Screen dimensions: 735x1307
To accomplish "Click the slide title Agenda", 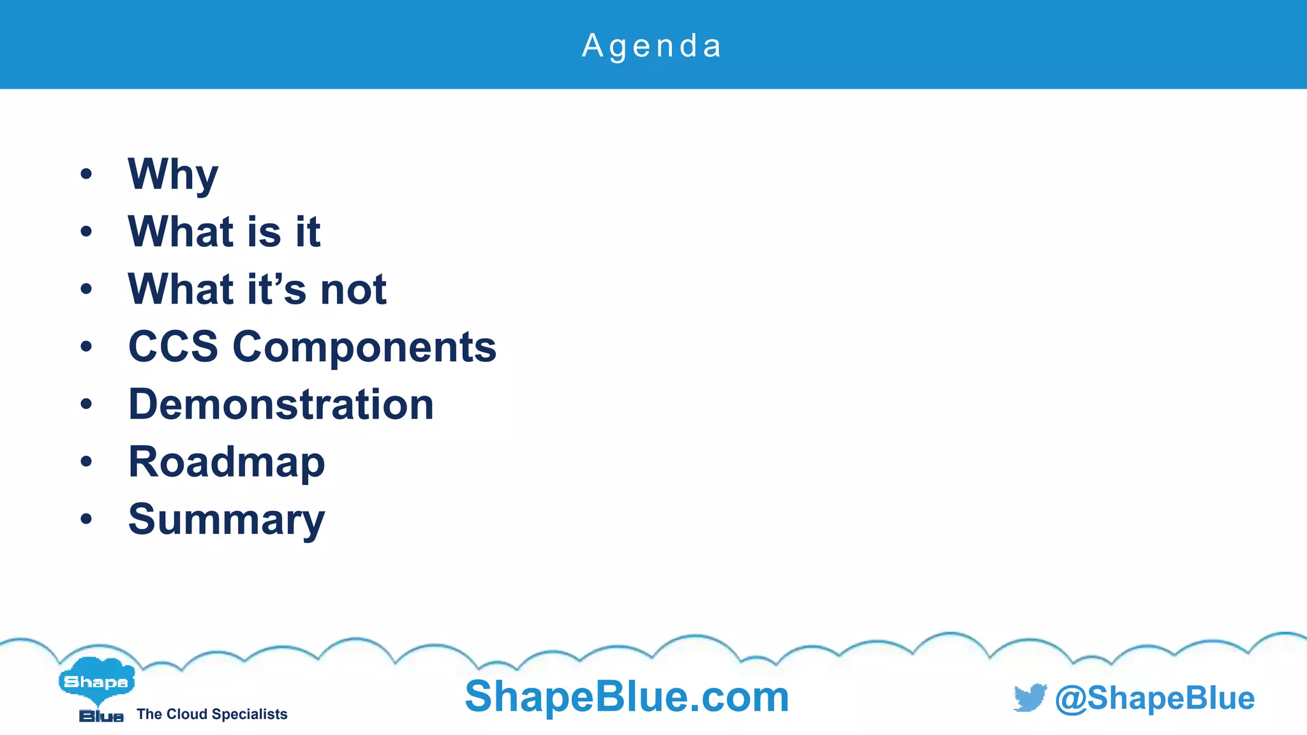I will pyautogui.click(x=652, y=46).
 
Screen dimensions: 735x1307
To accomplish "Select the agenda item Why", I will pyautogui.click(x=173, y=174).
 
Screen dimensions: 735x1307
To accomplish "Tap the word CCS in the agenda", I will pyautogui.click(x=173, y=346).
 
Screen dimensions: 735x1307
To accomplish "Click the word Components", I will pyautogui.click(x=364, y=348).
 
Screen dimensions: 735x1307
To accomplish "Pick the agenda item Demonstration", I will pyautogui.click(x=281, y=405).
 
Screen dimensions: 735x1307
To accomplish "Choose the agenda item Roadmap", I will pyautogui.click(x=227, y=463).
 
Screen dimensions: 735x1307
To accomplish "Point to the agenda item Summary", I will pyautogui.click(x=227, y=520).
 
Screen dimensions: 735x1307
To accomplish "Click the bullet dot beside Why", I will pyautogui.click(x=86, y=174).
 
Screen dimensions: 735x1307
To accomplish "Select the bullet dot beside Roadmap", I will pyautogui.click(x=86, y=461).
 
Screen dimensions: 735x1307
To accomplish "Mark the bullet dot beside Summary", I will pyautogui.click(x=86, y=519).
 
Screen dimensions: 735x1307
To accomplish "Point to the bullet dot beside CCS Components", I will pyautogui.click(x=86, y=346).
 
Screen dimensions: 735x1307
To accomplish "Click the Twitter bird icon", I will pyautogui.click(x=1030, y=697).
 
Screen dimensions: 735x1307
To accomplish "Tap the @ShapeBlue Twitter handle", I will pyautogui.click(x=1154, y=698).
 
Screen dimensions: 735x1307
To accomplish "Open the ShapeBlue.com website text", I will pyautogui.click(x=627, y=696).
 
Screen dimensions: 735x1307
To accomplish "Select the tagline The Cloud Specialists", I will pyautogui.click(x=212, y=714).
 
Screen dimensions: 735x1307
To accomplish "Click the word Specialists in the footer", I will pyautogui.click(x=253, y=714).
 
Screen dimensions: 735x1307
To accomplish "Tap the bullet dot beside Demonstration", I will pyautogui.click(x=86, y=404).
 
